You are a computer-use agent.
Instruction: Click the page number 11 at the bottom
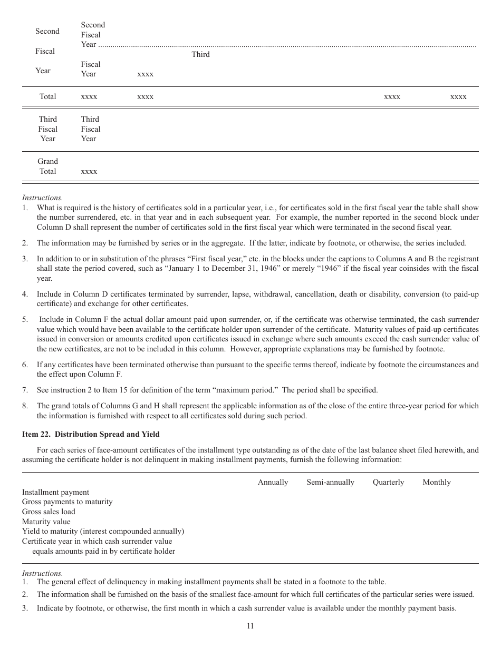[x=250, y=626]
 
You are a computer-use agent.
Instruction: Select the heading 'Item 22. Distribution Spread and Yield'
[x=91, y=434]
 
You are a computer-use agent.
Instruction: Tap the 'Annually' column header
[x=273, y=482]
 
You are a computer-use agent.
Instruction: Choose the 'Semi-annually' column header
[x=330, y=482]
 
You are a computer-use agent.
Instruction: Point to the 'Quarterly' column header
[x=388, y=482]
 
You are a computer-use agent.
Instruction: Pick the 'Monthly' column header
[x=436, y=482]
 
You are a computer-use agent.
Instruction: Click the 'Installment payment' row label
[x=55, y=492]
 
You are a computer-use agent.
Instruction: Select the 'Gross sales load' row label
[x=49, y=512]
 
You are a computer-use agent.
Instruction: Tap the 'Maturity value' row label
[x=46, y=522]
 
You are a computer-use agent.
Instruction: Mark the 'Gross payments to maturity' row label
[x=67, y=502]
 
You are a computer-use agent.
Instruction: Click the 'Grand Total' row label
[x=47, y=166]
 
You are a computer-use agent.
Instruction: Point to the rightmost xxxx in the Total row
[x=458, y=97]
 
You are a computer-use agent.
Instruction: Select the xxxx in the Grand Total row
[x=89, y=172]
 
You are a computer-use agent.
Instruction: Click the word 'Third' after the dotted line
[x=200, y=54]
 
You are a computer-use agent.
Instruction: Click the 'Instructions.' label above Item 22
[x=42, y=198]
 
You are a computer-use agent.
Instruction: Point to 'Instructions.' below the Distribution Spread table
[x=42, y=573]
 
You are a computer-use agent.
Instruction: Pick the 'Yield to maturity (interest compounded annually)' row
[x=103, y=531]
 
